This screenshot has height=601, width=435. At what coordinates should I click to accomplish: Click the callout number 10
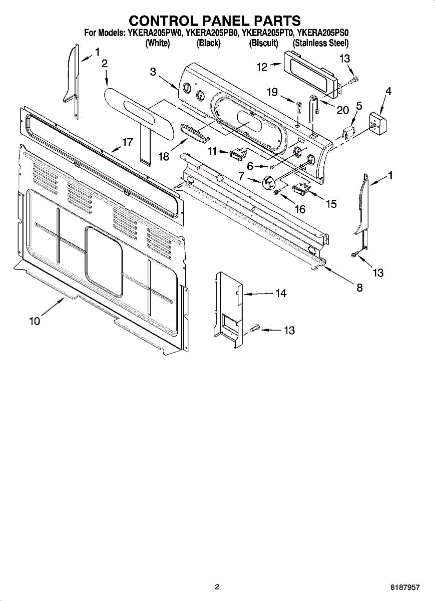(x=35, y=322)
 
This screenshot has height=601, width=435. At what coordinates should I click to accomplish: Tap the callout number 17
(x=127, y=142)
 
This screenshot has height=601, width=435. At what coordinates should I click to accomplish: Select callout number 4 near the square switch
(x=388, y=91)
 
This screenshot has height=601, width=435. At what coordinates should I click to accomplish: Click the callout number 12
(x=262, y=67)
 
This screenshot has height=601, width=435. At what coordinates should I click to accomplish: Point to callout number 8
(x=359, y=287)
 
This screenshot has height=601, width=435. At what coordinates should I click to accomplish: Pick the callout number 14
(x=281, y=293)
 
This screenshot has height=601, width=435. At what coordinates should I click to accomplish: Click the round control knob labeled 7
(x=269, y=182)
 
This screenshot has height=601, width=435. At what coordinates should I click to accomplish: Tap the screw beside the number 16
(x=276, y=191)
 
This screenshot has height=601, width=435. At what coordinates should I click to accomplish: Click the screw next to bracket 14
(x=254, y=329)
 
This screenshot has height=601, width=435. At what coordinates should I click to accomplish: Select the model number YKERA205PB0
(x=212, y=33)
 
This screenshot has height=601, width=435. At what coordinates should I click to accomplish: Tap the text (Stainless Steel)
(x=320, y=43)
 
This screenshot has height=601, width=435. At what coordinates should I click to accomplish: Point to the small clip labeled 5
(x=346, y=133)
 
